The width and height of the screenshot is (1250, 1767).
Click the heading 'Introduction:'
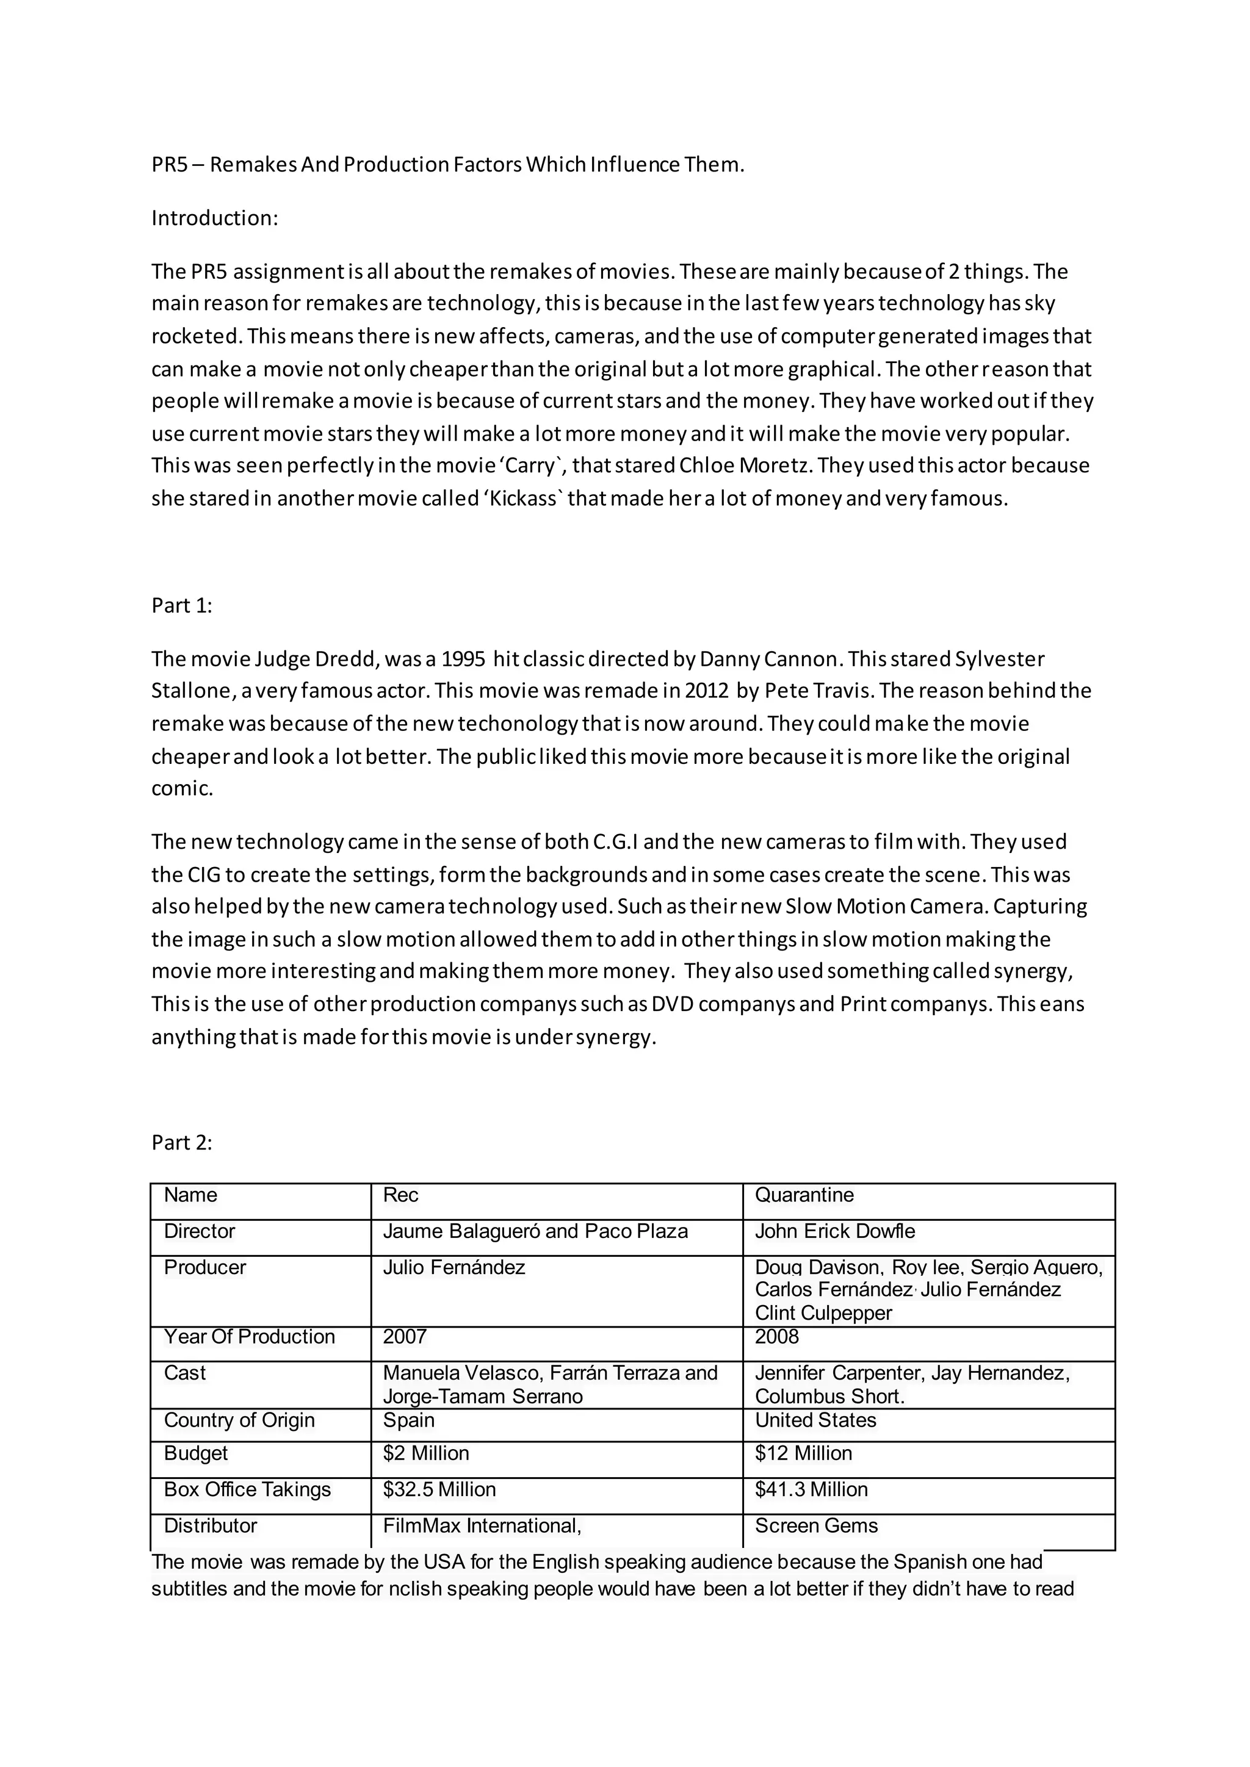click(x=214, y=218)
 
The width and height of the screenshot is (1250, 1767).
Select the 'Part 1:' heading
click(x=182, y=606)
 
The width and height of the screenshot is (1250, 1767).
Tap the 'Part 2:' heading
click(x=182, y=1143)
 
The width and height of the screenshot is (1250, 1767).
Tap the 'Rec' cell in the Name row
click(x=400, y=1195)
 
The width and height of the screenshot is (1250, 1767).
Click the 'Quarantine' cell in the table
click(x=804, y=1195)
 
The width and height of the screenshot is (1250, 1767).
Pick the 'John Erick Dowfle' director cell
click(x=834, y=1231)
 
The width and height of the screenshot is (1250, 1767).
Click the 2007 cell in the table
click(x=404, y=1337)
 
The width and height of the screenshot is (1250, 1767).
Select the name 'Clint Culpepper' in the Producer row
click(x=823, y=1313)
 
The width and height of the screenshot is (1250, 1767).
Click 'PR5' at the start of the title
click(x=169, y=165)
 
